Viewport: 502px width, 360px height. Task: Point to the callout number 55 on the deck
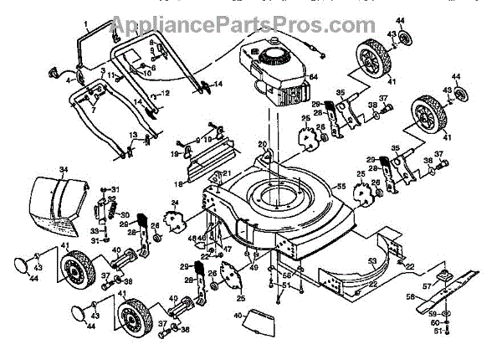pos(341,185)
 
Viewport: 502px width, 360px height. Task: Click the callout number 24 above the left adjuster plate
pos(175,203)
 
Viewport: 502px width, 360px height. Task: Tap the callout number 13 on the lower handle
pos(132,135)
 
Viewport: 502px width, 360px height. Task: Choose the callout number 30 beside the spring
pos(124,214)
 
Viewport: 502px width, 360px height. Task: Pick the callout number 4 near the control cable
pos(69,81)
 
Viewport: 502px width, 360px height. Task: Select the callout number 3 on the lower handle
pos(101,70)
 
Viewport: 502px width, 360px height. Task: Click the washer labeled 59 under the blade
pos(443,315)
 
